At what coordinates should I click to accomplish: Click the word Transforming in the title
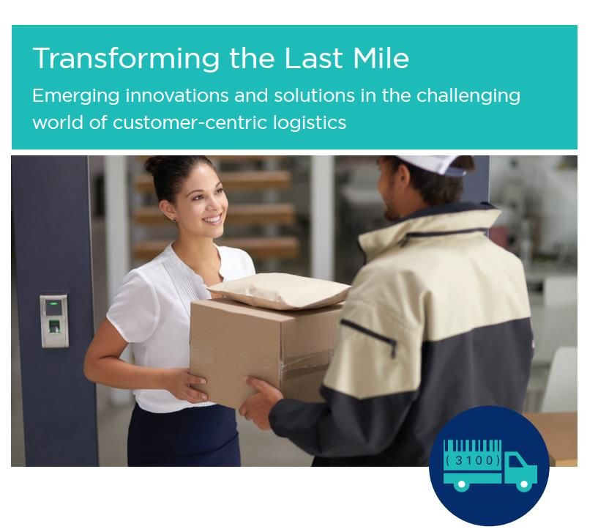(x=126, y=59)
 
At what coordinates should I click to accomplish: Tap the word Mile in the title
(x=381, y=58)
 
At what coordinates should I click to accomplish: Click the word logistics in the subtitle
(x=310, y=123)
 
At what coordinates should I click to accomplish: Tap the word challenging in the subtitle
(x=468, y=96)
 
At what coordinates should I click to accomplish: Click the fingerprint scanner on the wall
(x=54, y=321)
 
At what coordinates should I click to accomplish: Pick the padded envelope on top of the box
(x=280, y=290)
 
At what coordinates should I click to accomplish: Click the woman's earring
(x=174, y=219)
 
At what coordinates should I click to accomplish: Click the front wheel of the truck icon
(x=524, y=484)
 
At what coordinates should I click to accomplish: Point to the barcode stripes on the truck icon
(x=473, y=446)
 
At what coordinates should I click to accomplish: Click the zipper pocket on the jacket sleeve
(x=369, y=337)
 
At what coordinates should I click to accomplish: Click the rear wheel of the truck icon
(x=461, y=484)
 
